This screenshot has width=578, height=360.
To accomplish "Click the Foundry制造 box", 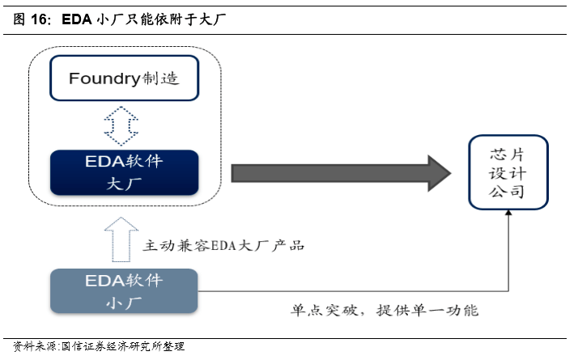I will (124, 79).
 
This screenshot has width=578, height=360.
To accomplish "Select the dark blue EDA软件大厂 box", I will (124, 172).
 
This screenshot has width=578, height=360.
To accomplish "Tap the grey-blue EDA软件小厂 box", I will (124, 291).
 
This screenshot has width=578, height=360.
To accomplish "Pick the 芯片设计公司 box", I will (508, 172).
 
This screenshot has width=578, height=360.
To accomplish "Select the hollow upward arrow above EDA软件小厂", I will (123, 239).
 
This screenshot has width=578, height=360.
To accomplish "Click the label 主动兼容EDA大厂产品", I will (223, 244).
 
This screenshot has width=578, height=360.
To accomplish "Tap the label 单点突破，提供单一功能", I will (385, 310).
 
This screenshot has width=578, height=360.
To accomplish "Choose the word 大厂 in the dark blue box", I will (124, 183).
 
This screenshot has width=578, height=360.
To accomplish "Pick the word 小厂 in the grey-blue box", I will (124, 303).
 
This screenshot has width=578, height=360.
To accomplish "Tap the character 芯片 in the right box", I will (508, 153).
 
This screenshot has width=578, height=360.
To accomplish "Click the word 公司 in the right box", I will (508, 193).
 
